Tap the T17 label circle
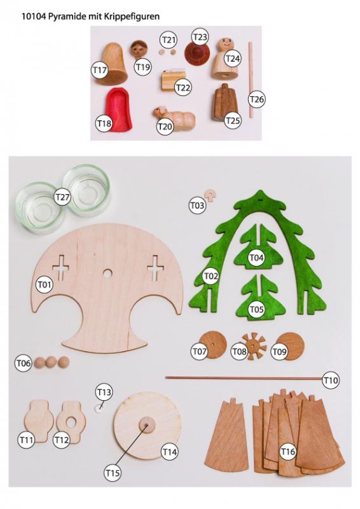click(100, 70)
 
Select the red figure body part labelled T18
click(118, 109)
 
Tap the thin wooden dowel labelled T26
click(251, 80)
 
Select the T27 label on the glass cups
click(62, 197)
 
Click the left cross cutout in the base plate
click(60, 268)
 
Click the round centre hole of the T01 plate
click(107, 274)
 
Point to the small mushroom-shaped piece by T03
click(211, 195)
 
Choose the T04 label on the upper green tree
click(256, 258)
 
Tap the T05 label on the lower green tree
click(256, 309)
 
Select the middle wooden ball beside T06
click(51, 362)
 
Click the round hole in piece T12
click(71, 422)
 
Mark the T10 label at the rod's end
click(331, 380)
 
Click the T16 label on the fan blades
click(287, 452)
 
